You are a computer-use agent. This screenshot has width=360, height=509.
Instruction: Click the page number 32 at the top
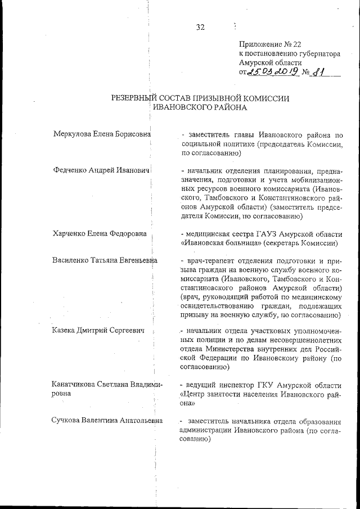coord(200,28)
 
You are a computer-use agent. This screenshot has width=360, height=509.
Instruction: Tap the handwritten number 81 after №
coord(321,72)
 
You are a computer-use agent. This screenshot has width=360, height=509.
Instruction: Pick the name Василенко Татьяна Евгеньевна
coord(105,260)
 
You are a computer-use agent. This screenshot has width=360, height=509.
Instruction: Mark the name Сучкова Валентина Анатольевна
coord(107,421)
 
